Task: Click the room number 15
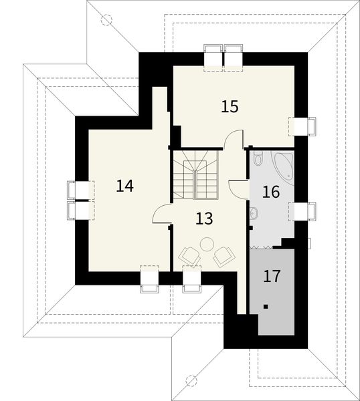coord(230,106)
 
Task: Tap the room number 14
coord(124,186)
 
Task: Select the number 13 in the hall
coord(205,217)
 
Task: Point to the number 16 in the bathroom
coord(270,192)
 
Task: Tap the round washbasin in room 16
coord(254,213)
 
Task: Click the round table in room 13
coord(207,243)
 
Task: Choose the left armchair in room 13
coord(189,255)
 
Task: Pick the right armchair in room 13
coord(223,255)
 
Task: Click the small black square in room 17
coord(266,307)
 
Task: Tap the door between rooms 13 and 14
coord(162,215)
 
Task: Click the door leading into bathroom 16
coord(239,187)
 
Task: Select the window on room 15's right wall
coord(301,126)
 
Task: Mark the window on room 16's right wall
coord(301,211)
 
